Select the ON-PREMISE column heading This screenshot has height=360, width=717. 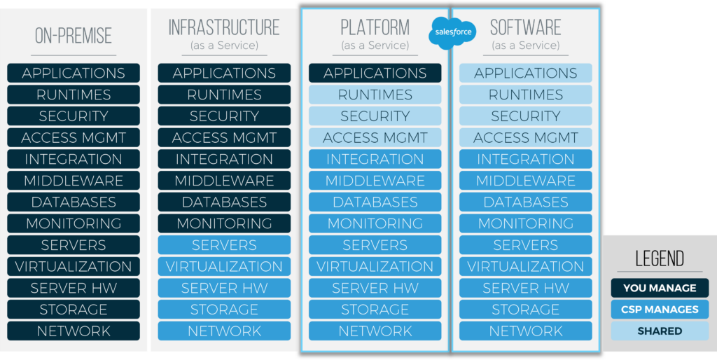[x=74, y=35]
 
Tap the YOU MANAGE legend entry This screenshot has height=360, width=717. [x=660, y=288]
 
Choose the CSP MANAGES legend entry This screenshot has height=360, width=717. [x=660, y=310]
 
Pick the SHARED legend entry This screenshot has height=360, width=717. [x=660, y=331]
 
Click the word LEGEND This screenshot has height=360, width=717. [x=660, y=258]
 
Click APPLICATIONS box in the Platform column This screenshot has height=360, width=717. [x=375, y=73]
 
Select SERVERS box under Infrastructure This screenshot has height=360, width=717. [x=224, y=245]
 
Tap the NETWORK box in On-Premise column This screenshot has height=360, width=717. [x=74, y=331]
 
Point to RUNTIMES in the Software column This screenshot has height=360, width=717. [x=526, y=95]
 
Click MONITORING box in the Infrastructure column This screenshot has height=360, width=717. [x=224, y=223]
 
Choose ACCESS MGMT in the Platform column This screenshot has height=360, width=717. [x=375, y=138]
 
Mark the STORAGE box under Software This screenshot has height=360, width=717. [x=526, y=310]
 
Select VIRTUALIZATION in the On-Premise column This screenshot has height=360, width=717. [x=74, y=267]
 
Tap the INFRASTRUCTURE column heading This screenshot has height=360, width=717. [x=224, y=28]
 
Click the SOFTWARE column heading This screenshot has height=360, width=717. [x=526, y=28]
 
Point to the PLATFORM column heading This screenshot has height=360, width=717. [x=375, y=28]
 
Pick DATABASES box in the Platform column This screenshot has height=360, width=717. [x=375, y=202]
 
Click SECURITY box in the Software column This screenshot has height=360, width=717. [x=526, y=116]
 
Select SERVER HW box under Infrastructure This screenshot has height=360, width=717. [x=224, y=289]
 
